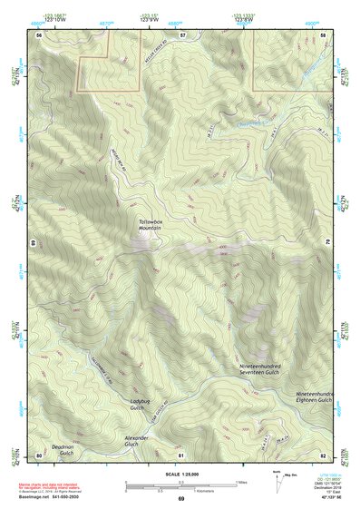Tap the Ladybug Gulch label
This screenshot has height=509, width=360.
click(x=138, y=405)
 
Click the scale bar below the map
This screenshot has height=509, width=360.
click(x=180, y=487)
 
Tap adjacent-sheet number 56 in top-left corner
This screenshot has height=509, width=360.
click(x=39, y=34)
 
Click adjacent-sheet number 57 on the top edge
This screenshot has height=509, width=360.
click(x=182, y=34)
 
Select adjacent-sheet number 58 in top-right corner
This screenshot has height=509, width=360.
click(x=324, y=34)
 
